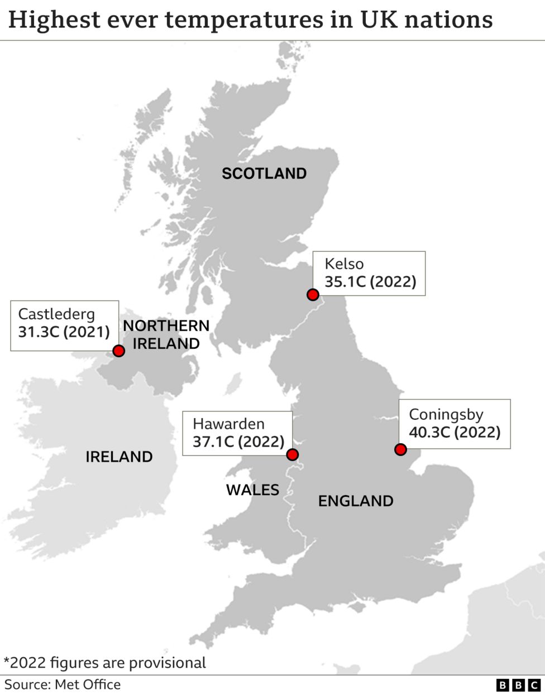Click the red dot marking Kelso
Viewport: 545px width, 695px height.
tap(313, 295)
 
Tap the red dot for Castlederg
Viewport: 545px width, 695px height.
tap(118, 351)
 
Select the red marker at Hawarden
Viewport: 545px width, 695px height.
tap(292, 454)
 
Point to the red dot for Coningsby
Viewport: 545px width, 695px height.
tap(400, 449)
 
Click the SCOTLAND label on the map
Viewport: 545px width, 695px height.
tap(264, 174)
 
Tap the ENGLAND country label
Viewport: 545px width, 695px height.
tap(356, 501)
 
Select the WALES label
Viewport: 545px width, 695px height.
tap(252, 490)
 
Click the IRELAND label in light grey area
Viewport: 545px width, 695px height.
tap(119, 457)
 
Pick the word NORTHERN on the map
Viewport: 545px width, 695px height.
tap(166, 325)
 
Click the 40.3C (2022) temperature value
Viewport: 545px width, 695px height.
tap(455, 432)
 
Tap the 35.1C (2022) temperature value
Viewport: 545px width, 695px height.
tap(370, 281)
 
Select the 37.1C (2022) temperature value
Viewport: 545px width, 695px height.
tap(238, 442)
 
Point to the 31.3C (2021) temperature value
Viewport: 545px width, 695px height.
tap(64, 332)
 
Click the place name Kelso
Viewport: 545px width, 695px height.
tap(344, 263)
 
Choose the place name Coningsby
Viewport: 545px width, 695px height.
tap(446, 414)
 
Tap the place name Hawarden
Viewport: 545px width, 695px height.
tap(228, 424)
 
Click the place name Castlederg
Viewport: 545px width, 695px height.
tap(56, 314)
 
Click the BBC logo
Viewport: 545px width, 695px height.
tap(518, 685)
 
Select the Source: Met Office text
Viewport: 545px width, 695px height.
tap(63, 684)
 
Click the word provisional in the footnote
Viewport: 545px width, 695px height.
tap(168, 663)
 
